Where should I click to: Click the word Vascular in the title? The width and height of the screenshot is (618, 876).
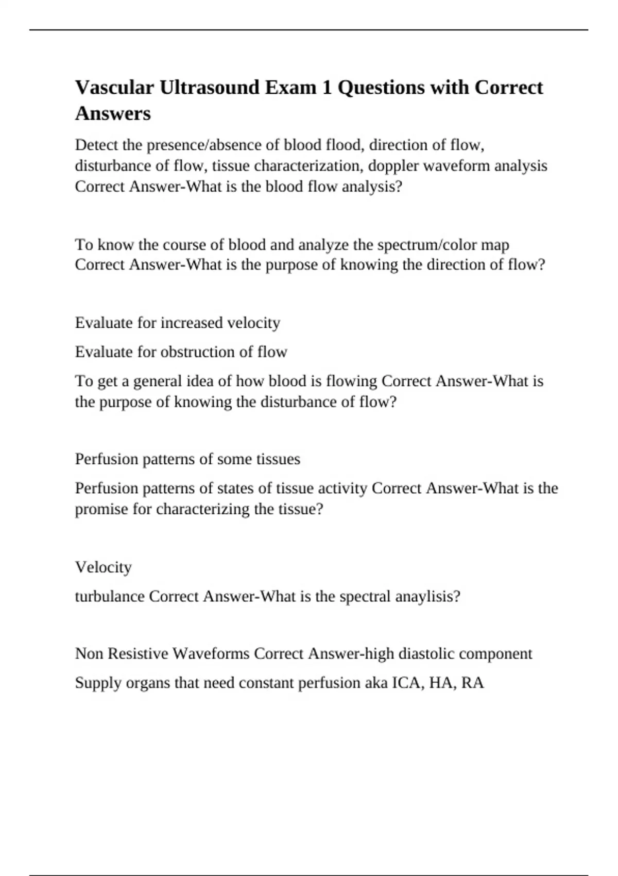pyautogui.click(x=114, y=88)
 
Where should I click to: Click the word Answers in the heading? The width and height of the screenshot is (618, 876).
pyautogui.click(x=113, y=113)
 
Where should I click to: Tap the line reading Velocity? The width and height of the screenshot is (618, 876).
pyautogui.click(x=104, y=567)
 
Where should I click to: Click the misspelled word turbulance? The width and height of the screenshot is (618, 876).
pyautogui.click(x=110, y=597)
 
